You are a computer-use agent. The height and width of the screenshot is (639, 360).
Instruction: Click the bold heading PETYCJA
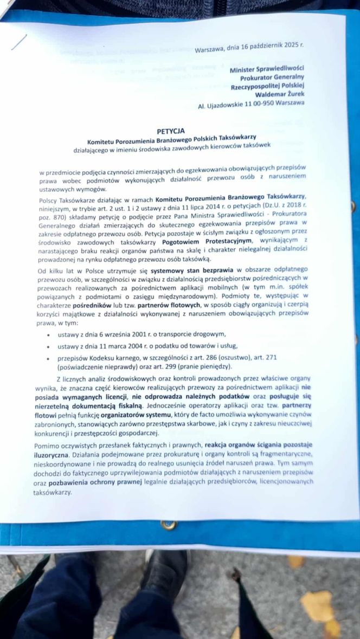(171, 131)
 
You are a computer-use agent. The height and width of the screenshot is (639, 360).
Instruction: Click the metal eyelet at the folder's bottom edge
(169, 525)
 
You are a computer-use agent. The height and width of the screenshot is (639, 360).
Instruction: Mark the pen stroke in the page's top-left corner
(19, 41)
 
